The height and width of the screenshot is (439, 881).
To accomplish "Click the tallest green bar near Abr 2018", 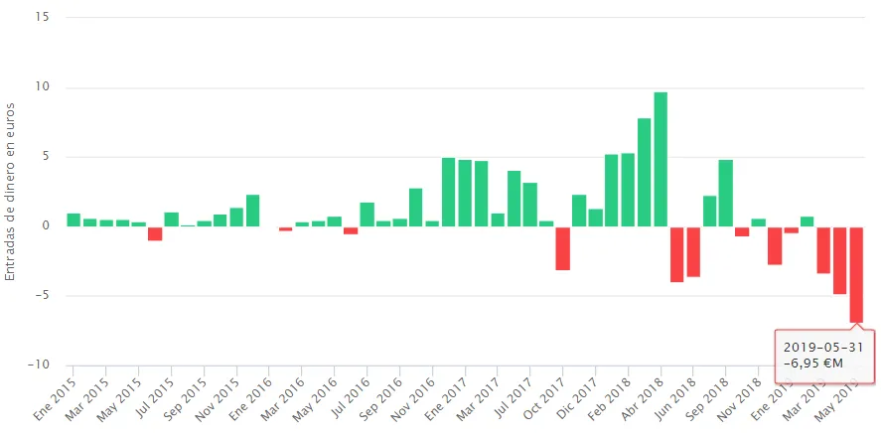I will point(661,159).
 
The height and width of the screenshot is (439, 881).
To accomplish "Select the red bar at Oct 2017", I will point(562,248).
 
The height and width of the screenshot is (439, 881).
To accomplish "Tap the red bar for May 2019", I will point(856,274).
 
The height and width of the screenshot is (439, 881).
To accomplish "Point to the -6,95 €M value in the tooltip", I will point(812,364).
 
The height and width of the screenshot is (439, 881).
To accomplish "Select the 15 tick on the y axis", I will point(42,18).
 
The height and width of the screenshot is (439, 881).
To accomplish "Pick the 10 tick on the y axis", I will point(42,87).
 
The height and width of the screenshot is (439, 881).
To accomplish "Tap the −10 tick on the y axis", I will point(38,365).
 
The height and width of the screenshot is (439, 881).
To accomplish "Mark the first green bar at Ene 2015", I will point(73,219).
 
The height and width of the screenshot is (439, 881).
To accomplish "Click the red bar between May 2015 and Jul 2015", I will point(155,233).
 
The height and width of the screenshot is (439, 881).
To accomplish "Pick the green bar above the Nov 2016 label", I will point(432,223).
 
